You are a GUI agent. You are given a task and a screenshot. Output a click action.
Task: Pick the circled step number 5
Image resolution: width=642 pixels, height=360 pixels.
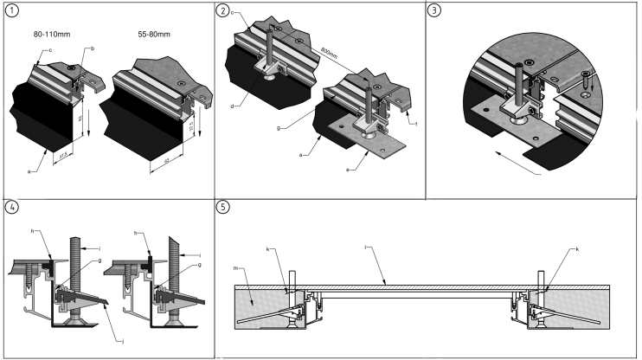tap(224, 208)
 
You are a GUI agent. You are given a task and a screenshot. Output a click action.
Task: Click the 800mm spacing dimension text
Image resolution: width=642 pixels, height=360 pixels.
tap(329, 51)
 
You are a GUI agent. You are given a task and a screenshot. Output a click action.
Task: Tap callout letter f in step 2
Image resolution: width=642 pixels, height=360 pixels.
tap(414, 124)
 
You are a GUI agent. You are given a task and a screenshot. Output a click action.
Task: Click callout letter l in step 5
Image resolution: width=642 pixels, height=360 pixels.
tap(369, 247)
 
